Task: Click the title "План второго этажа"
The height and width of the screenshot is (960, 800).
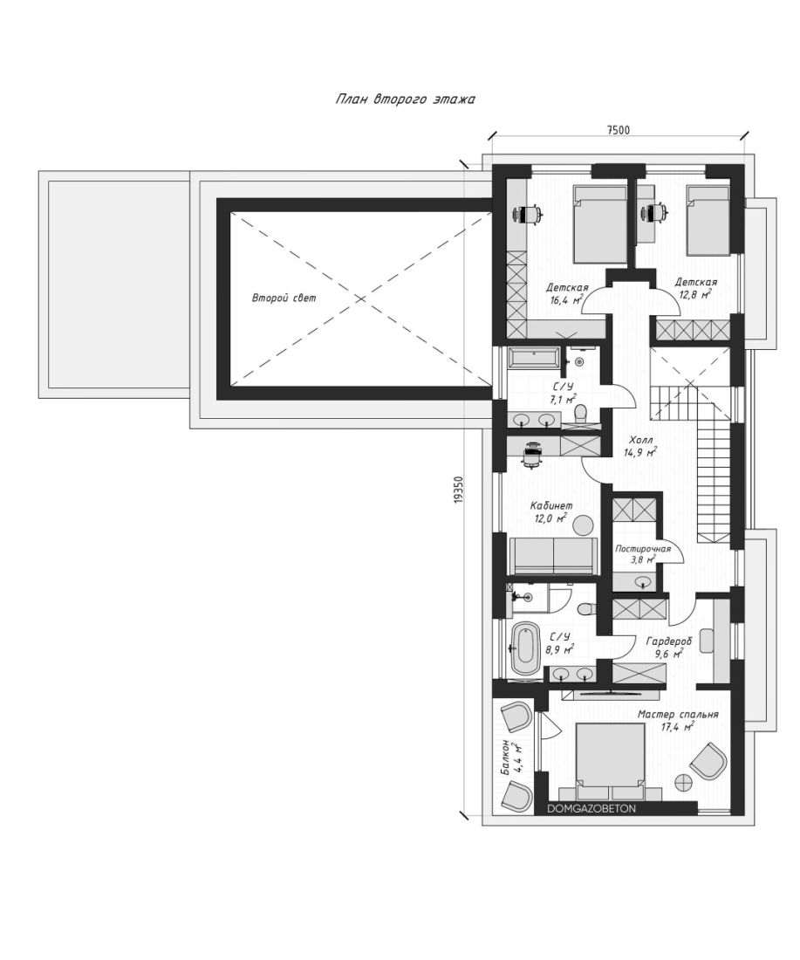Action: [x=405, y=99]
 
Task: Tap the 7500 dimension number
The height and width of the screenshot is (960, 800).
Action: [x=618, y=130]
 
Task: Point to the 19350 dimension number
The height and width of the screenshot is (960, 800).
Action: [x=459, y=490]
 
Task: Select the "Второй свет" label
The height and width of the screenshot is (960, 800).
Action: [x=284, y=298]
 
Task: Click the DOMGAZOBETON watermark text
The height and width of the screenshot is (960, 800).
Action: [x=591, y=809]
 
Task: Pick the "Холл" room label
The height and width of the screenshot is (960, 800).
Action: [x=640, y=440]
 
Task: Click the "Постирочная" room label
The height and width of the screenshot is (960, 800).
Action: [x=643, y=549]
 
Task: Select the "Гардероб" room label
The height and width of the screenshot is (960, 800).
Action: [x=669, y=641]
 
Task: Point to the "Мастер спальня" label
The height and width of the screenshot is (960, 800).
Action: [x=678, y=714]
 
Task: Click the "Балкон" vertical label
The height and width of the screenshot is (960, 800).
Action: [x=506, y=758]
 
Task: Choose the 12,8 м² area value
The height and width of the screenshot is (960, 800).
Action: [x=694, y=294]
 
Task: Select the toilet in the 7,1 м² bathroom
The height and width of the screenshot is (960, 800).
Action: [x=582, y=414]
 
